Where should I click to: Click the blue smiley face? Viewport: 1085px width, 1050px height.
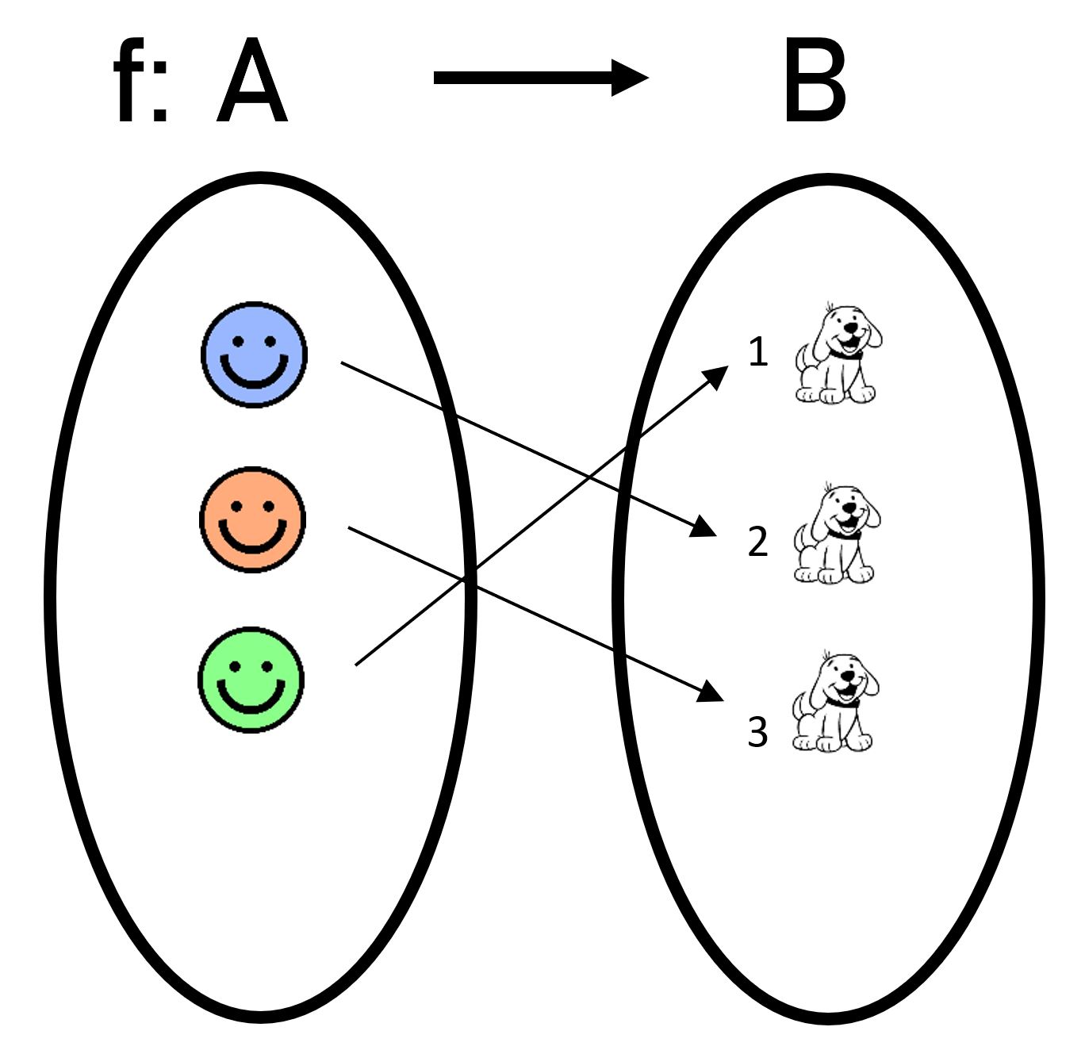254,354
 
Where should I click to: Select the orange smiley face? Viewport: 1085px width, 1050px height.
252,519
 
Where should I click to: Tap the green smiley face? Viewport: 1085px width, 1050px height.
251,680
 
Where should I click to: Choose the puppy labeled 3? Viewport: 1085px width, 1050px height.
836,702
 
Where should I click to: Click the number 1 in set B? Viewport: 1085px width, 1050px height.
758,351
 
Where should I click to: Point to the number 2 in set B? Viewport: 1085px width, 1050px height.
758,542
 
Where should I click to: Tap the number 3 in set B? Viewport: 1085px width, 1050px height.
758,732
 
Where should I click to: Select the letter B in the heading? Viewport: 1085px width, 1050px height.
815,83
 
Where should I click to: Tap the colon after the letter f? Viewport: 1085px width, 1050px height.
160,98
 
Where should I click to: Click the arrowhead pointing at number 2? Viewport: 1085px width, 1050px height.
704,527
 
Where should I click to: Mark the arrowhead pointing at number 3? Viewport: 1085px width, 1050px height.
711,692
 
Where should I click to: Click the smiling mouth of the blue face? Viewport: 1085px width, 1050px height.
254,375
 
